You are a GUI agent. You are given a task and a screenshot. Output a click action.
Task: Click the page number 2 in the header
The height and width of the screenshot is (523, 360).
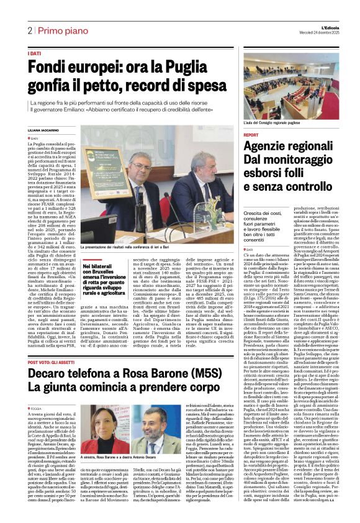tap(29, 30)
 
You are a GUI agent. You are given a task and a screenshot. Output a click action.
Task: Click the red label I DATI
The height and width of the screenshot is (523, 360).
tap(35, 54)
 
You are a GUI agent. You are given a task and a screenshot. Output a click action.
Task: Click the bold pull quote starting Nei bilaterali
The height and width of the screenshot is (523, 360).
tap(102, 280)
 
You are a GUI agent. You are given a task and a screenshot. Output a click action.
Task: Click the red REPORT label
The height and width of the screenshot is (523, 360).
tap(251, 135)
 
